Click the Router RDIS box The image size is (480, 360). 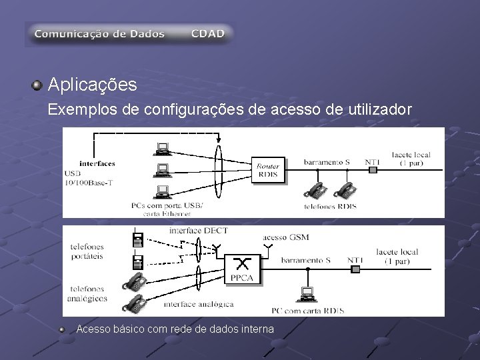pos(268,170)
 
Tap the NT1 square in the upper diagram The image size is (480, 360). pos(373,169)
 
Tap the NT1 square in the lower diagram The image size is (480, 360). pos(355,269)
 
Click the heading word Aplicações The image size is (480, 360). pos(93,85)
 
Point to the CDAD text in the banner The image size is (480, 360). pos(208,33)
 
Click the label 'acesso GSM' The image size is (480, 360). pos(286,237)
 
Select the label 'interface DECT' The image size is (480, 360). pos(199,231)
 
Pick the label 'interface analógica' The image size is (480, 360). pos(199,304)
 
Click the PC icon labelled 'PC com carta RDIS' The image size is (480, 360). pos(307,293)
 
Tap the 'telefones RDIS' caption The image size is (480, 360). pos(329,206)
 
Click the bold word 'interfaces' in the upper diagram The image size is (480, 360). pos(97,163)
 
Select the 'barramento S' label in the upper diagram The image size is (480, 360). pos(327,161)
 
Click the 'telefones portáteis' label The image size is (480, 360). pos(87,251)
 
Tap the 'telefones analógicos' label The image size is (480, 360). pos(87,294)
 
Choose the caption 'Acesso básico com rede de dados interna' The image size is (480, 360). pos(175,329)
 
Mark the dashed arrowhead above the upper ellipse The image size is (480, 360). pos(218,139)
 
